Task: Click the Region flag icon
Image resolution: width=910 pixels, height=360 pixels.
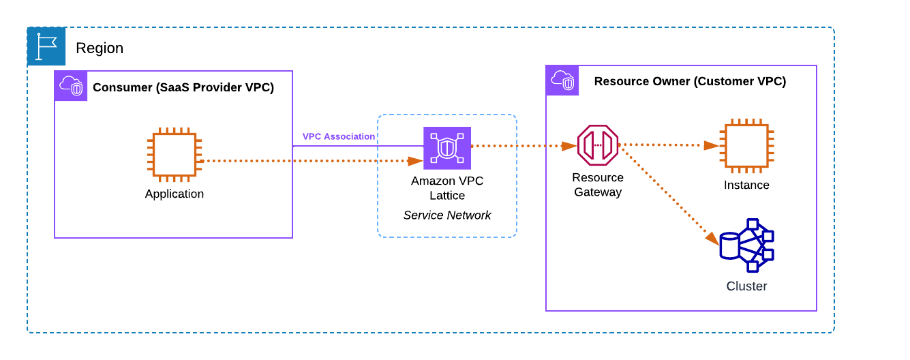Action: [46, 46]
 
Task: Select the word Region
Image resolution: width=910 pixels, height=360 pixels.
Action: [100, 48]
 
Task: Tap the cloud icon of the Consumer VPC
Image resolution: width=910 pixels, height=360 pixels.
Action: [71, 85]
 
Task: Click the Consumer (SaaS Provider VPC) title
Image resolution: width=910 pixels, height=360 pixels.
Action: [183, 87]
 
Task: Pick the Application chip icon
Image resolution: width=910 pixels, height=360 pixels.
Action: [175, 155]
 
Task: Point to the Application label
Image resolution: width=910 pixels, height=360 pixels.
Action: [175, 194]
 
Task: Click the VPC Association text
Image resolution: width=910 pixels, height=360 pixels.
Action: [339, 136]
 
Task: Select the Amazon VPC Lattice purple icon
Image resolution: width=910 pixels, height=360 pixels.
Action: [447, 148]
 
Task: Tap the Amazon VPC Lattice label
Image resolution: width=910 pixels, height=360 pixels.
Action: [447, 188]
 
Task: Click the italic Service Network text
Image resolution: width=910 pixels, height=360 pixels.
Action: [447, 215]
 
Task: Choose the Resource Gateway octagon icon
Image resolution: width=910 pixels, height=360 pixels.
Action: [598, 145]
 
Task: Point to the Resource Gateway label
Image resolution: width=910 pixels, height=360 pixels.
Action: [598, 185]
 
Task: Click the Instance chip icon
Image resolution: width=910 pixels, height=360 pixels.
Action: [747, 145]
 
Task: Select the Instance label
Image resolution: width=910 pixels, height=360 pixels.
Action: [746, 185]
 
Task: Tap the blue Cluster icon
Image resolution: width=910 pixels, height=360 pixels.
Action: [746, 245]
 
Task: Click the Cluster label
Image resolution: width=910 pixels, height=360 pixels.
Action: [746, 286]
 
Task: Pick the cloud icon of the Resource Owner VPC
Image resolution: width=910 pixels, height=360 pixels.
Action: [562, 80]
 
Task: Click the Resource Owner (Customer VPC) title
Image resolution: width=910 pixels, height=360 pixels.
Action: [690, 82]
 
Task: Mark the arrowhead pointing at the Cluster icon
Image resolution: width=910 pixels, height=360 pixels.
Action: [712, 239]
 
